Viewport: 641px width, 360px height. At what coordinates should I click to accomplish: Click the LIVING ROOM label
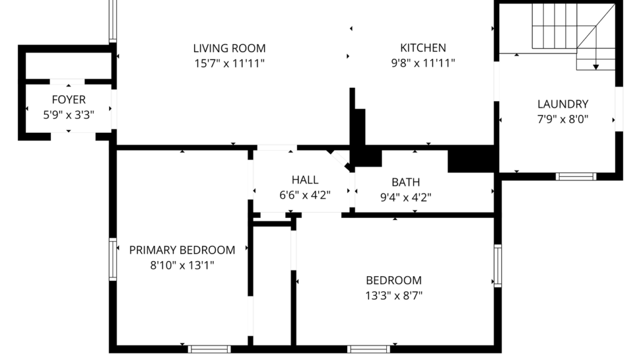tap(229, 49)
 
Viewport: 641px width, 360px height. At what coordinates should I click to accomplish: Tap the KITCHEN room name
tap(423, 48)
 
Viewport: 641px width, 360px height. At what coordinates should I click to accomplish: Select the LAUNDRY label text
tap(562, 104)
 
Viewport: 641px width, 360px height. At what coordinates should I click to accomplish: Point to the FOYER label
tap(69, 100)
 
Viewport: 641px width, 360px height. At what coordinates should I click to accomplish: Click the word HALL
tap(304, 180)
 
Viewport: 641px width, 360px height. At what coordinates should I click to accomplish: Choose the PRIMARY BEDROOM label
tap(182, 250)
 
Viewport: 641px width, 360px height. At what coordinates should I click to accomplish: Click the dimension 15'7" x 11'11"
tap(229, 63)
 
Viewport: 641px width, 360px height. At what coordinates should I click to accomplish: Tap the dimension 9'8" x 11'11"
tap(423, 63)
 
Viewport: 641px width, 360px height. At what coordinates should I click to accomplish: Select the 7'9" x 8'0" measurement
tap(562, 120)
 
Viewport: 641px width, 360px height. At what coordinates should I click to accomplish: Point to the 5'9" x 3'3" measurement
tap(69, 115)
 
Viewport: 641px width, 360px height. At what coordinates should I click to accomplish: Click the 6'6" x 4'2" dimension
tap(304, 195)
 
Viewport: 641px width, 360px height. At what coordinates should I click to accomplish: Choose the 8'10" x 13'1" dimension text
tap(182, 266)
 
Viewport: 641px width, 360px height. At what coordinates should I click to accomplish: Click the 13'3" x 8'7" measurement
tap(394, 296)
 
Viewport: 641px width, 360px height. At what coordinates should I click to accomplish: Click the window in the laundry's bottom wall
tap(576, 176)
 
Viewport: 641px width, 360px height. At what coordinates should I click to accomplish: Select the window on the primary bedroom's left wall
tap(113, 259)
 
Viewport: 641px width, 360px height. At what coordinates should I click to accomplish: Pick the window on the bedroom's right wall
tap(497, 265)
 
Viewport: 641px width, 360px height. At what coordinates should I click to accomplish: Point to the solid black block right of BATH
tap(472, 159)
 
